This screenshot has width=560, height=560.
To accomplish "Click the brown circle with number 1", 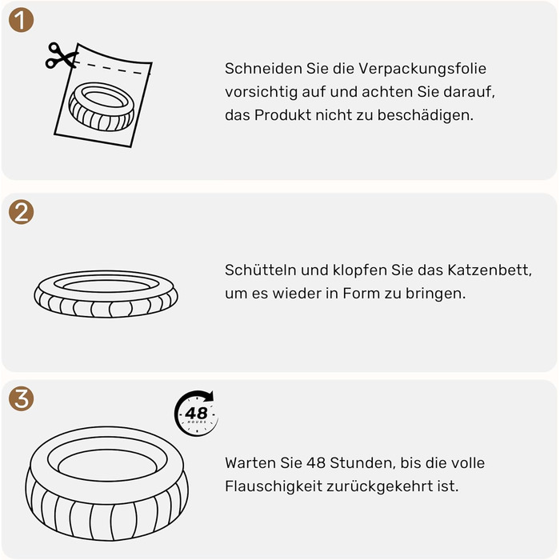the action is [x=21, y=20].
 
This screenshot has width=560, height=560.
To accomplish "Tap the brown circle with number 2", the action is [x=21, y=212].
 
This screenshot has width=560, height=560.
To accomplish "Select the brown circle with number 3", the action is [x=21, y=398].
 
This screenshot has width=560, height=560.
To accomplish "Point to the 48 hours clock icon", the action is [x=196, y=414].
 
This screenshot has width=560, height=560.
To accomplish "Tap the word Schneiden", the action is [x=263, y=68].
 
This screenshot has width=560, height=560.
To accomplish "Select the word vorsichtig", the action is [x=261, y=92].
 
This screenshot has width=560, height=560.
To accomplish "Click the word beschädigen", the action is [x=426, y=115].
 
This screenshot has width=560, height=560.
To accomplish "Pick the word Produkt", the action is [x=282, y=115].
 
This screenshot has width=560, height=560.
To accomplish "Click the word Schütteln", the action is [x=260, y=270].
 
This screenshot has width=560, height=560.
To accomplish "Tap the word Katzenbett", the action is [x=490, y=270].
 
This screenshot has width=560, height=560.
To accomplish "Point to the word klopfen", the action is [x=360, y=270].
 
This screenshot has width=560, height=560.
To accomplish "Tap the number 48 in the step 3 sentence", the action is [x=316, y=463].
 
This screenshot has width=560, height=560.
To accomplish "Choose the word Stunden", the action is [x=362, y=463].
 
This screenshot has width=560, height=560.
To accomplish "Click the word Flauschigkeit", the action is [x=274, y=486].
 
